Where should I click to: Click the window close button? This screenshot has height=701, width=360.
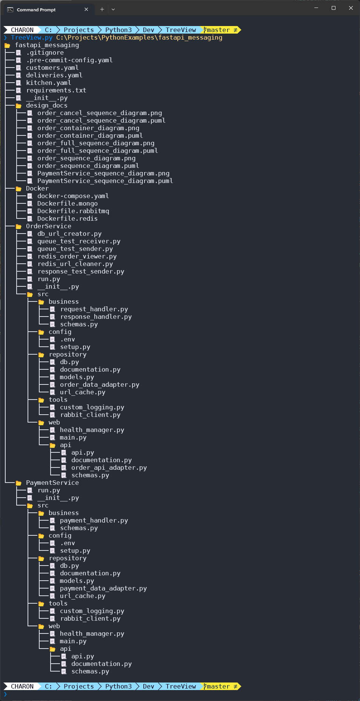[351, 8]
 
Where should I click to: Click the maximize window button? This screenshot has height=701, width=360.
[333, 8]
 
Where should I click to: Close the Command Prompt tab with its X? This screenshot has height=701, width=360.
[86, 9]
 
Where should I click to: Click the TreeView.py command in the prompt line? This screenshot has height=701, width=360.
[32, 37]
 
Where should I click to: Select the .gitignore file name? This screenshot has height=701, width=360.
[45, 53]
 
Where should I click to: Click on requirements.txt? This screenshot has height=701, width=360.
[56, 91]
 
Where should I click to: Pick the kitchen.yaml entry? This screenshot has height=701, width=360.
[48, 83]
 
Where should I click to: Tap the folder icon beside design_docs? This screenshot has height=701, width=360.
[18, 106]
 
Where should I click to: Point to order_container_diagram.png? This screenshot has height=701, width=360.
[88, 128]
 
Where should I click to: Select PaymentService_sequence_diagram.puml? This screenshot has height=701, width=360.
[105, 181]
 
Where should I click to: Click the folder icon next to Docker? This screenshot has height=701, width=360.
[18, 189]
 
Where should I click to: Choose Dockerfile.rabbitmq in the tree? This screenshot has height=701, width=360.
[73, 211]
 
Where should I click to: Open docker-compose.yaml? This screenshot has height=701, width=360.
[73, 196]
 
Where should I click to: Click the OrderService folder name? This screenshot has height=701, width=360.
[48, 226]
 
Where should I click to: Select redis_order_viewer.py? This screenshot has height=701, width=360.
[77, 257]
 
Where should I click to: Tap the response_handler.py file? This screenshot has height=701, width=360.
[96, 317]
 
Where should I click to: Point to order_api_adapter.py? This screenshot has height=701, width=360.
[109, 468]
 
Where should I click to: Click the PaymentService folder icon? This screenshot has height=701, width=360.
[18, 483]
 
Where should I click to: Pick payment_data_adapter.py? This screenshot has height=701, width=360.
[103, 589]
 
